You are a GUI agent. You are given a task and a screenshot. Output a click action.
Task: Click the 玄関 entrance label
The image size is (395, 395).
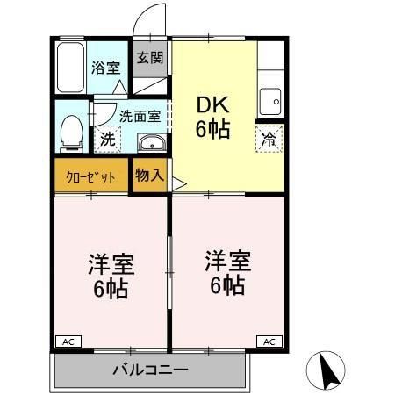point(150,59)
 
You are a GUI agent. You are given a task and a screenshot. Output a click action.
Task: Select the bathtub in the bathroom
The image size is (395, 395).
point(69,67)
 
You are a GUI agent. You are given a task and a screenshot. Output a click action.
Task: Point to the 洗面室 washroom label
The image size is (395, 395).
point(140,115)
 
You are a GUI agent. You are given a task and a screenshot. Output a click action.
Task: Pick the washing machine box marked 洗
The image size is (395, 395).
point(107,138)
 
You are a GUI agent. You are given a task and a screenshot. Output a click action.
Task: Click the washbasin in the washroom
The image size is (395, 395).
point(151,143)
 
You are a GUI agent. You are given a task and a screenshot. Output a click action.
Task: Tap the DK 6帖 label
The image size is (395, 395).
point(211,115)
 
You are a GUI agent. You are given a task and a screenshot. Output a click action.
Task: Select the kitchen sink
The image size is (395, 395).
point(271,100)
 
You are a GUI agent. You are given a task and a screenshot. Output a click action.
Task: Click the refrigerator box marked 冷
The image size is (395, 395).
point(270,138)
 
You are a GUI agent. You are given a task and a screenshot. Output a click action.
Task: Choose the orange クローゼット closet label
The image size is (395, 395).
point(90,176)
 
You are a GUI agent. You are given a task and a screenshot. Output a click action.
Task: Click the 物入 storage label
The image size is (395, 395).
point(149,175)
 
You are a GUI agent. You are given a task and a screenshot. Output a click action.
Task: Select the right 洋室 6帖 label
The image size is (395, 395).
point(228,273)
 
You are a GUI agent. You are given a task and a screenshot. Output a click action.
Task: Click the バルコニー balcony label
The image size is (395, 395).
point(149,370)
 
